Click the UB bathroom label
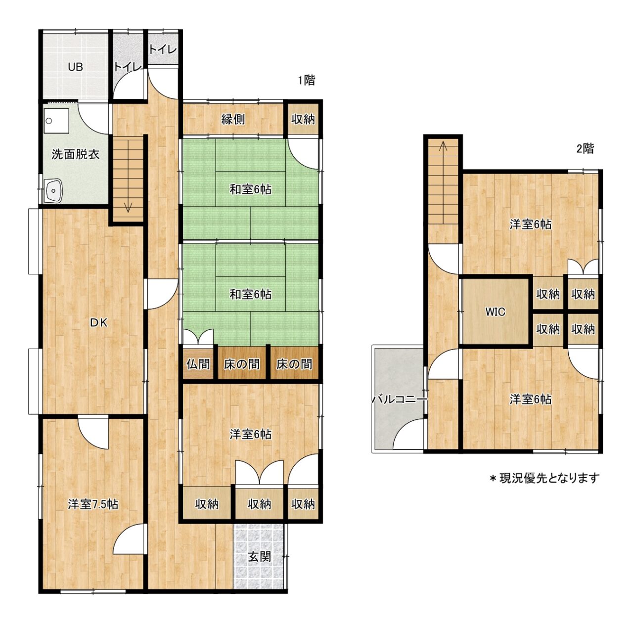75,67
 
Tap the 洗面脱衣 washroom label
76,154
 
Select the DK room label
99,323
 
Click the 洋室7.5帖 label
93,504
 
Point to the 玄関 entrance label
259,556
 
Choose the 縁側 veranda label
233,119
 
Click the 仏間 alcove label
198,364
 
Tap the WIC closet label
496,312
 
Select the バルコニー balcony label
400,400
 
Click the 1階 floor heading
307,80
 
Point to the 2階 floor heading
585,149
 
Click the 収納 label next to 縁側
303,119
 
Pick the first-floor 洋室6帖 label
250,435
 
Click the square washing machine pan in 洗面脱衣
56,121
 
